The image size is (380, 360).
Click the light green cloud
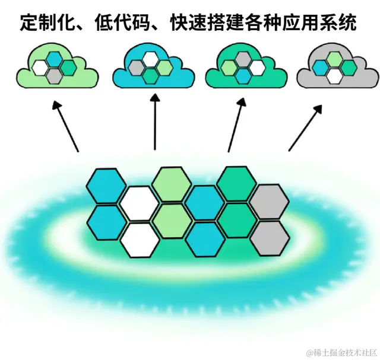pyautogui.click(x=56, y=68)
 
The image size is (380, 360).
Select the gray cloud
pyautogui.click(x=336, y=68)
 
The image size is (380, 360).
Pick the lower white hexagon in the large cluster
pyautogui.click(x=140, y=240)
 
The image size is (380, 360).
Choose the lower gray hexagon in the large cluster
pyautogui.click(x=270, y=238)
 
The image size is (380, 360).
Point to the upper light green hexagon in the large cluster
pyautogui.click(x=171, y=184)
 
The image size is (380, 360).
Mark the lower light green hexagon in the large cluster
pyautogui.click(x=172, y=221)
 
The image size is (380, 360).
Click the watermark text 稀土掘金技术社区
pyautogui.click(x=343, y=351)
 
